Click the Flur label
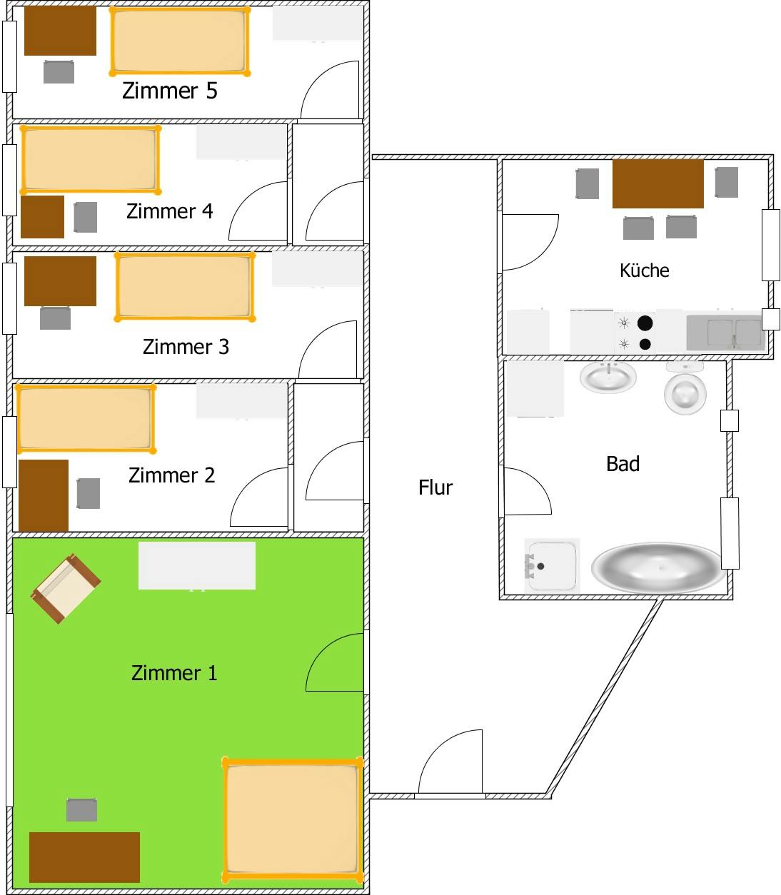click(435, 487)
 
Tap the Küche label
click(644, 270)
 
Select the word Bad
click(623, 464)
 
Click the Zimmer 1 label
click(174, 672)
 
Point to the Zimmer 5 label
click(169, 91)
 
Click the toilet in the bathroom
click(685, 390)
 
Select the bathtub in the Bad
click(657, 568)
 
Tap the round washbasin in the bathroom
click(608, 376)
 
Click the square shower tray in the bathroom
click(551, 565)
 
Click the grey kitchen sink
click(725, 333)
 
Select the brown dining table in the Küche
click(657, 183)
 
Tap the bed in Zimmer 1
click(291, 819)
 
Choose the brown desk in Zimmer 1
click(84, 856)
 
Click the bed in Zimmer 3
click(185, 286)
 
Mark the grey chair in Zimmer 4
click(85, 217)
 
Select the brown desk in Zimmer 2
click(44, 495)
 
